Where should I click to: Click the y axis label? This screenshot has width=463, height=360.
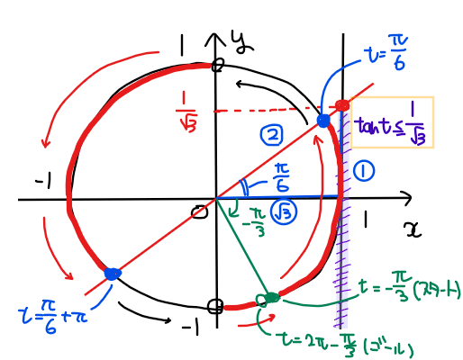[242, 42]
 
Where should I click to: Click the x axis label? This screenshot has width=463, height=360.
[413, 229]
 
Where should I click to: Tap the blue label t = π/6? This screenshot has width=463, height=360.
[386, 52]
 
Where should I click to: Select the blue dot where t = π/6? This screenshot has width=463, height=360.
[323, 121]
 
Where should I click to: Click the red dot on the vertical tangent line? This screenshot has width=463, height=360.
[342, 105]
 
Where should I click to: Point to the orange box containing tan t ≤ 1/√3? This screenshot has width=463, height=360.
[392, 122]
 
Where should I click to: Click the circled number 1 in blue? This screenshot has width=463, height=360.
[364, 171]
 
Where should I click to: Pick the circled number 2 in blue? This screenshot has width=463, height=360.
[271, 135]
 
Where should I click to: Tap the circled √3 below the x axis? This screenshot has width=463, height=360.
[284, 212]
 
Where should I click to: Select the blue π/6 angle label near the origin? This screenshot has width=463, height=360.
[281, 178]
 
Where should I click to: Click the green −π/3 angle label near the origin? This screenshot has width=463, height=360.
[255, 221]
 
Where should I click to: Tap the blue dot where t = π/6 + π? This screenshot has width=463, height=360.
[113, 274]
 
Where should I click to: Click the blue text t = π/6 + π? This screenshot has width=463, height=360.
[53, 316]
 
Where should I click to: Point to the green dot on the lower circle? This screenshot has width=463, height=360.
[272, 297]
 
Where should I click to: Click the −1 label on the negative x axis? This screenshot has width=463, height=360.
[43, 182]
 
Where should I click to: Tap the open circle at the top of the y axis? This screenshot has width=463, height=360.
[218, 65]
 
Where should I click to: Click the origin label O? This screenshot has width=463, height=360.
[200, 212]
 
